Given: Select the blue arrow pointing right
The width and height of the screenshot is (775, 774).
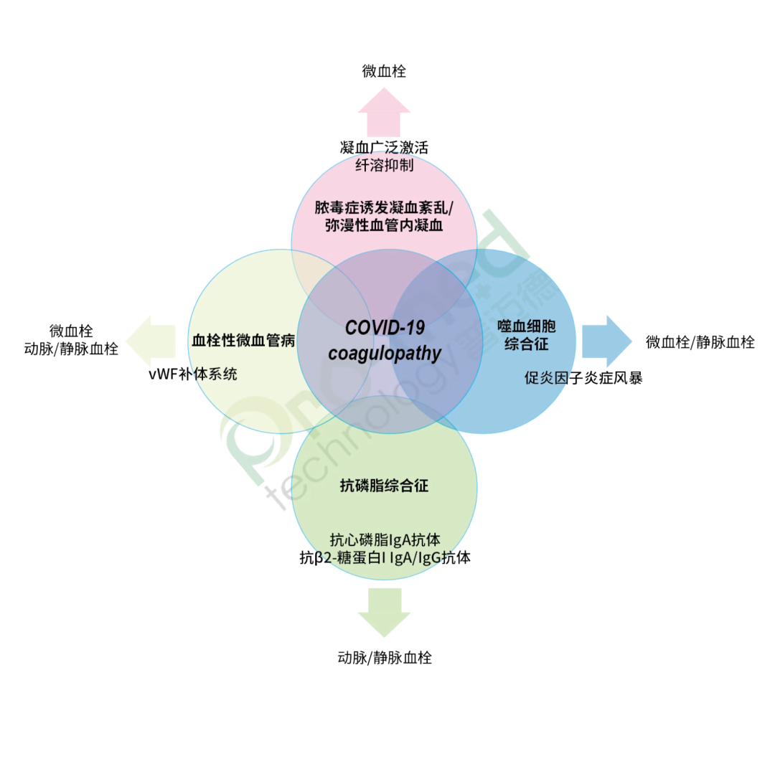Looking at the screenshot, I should [x=606, y=341].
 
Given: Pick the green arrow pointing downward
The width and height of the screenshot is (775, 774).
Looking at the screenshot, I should [x=385, y=610].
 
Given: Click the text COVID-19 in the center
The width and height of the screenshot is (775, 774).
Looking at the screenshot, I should [x=385, y=328].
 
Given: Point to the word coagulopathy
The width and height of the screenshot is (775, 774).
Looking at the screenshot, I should [x=385, y=353].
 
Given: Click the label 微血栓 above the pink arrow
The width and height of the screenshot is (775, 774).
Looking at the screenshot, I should [x=385, y=71].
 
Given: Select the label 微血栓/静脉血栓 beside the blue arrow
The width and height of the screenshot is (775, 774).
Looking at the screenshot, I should [x=700, y=342].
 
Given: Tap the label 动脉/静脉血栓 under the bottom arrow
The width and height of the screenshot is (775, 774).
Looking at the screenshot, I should [x=385, y=657].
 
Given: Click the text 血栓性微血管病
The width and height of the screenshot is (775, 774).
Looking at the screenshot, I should [x=243, y=341].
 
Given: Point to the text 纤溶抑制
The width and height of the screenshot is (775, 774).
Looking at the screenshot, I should [x=385, y=166].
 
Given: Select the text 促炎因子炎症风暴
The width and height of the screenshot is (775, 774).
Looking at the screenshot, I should [x=583, y=377].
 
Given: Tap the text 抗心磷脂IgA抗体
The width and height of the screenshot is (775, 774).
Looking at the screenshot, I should [x=385, y=539].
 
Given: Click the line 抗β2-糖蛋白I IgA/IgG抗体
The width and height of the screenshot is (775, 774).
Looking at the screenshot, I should [x=385, y=557].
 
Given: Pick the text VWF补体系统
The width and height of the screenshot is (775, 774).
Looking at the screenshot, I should [x=192, y=374].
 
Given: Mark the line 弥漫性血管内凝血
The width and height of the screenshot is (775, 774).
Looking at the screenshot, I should [x=385, y=225].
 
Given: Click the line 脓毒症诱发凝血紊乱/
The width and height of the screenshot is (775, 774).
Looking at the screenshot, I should [x=385, y=208].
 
